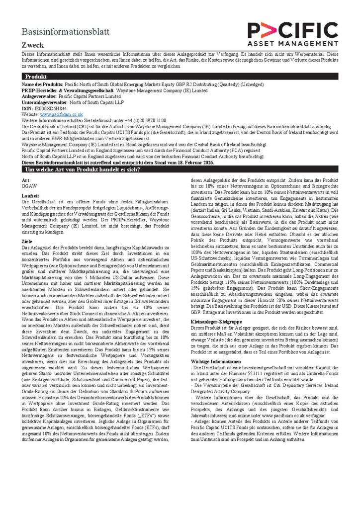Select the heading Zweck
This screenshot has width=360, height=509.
coord(33,45)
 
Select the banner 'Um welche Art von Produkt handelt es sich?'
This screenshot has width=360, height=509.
coord(83,170)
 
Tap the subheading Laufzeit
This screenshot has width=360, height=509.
coord(30,196)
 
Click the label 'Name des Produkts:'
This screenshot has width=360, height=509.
coord(43,85)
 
